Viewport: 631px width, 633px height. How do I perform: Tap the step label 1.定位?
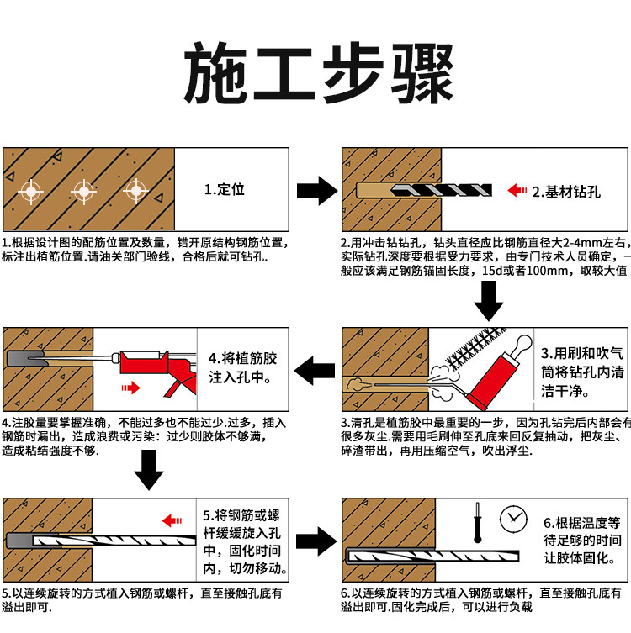point(225,189)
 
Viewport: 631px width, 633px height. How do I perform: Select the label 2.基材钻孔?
point(566,191)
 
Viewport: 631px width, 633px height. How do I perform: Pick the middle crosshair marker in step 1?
point(83,191)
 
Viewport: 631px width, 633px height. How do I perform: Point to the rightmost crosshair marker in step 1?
point(135,191)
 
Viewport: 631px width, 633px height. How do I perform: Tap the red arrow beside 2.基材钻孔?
point(517,191)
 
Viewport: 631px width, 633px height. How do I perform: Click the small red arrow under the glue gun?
point(129,388)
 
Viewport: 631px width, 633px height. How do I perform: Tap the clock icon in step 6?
point(512,519)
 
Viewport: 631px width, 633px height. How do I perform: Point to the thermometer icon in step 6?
point(475,521)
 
